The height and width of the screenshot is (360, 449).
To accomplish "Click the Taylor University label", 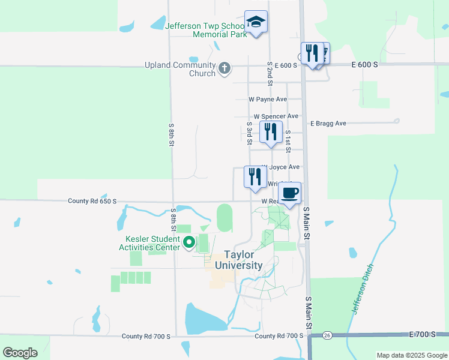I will pos(244,260).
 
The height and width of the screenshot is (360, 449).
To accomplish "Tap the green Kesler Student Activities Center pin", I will pos(188,243).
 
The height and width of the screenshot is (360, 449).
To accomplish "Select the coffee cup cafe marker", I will pos(289,193).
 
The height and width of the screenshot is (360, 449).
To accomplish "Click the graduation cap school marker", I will pos(256,23).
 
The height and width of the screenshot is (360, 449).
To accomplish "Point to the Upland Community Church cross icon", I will pos(224,68).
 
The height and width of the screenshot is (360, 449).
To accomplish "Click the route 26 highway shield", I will pos(327,335).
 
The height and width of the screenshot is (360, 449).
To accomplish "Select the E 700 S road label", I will pos(425,334).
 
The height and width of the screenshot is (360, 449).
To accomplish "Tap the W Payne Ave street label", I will pos(268,99).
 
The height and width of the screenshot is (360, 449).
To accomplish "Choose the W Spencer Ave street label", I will pos(276,116).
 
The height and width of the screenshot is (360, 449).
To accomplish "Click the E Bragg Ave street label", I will pos(328,124).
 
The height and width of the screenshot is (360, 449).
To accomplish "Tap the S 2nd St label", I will pos(270,71).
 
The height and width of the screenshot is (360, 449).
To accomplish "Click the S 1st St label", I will pos(288,140).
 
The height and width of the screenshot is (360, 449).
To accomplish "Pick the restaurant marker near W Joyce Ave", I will pos(255,176).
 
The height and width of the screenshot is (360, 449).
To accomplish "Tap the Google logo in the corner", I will pos(20,352).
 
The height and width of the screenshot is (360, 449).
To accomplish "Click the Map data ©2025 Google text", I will pos(411,355).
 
